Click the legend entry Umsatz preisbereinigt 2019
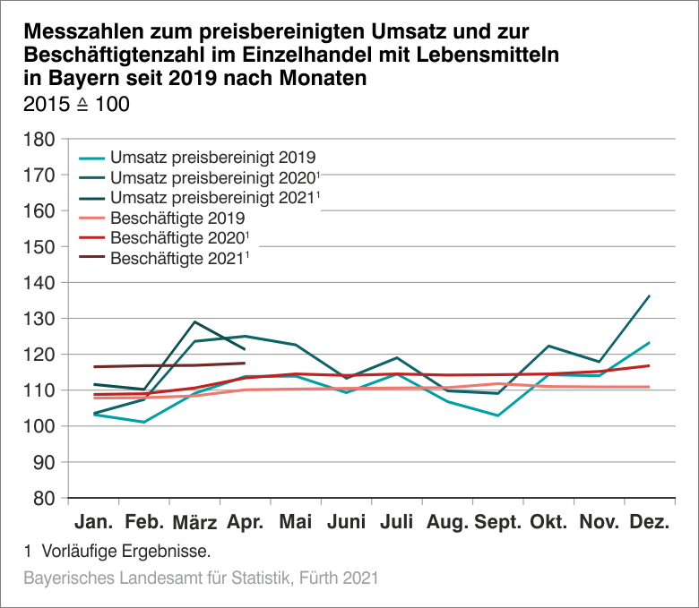coord(211,156)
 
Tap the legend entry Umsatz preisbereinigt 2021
coord(214,197)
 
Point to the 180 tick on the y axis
coord(40,139)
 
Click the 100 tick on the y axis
coord(40,426)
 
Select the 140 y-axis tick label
coord(40,282)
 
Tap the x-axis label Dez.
coord(650,522)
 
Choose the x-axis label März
coord(194,522)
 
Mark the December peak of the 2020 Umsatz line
coord(649,295)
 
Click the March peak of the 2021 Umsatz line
coord(194,321)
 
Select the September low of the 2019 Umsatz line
coord(496,415)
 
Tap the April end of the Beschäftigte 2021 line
coord(245,363)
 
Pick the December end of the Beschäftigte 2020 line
coord(649,365)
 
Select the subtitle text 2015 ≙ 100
coord(75,104)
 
